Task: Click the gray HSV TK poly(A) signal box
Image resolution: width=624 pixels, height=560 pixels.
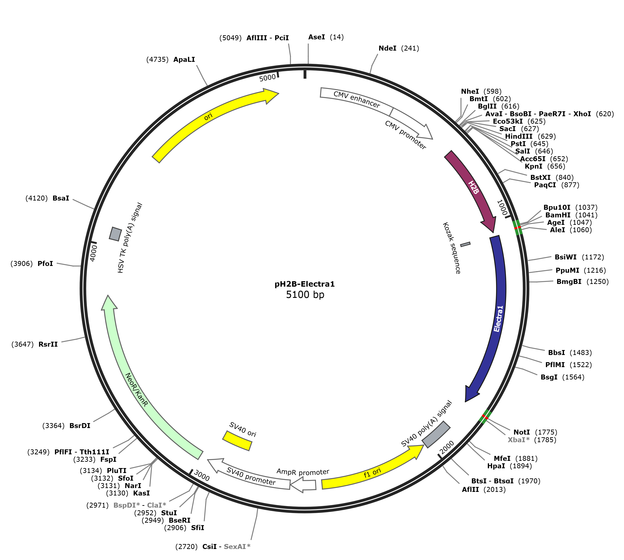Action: (x=115, y=234)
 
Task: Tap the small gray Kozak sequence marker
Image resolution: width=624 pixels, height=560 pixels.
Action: (x=465, y=244)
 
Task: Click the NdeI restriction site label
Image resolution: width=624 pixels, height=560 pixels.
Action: (x=387, y=48)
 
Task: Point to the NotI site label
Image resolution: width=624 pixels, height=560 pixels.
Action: (x=521, y=432)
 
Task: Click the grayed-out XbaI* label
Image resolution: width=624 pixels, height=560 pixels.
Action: (x=519, y=440)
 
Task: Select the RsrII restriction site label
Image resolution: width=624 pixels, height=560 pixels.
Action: (x=48, y=344)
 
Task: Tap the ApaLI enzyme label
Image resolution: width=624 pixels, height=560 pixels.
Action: (x=184, y=59)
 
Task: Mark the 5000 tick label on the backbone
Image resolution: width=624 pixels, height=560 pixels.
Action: (x=267, y=78)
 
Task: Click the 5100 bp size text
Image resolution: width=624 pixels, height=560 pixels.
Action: (x=305, y=295)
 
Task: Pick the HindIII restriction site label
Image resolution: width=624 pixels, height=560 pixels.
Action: (x=519, y=136)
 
